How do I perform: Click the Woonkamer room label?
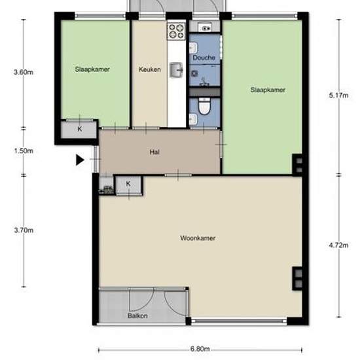[198, 238]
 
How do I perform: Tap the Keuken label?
[150, 69]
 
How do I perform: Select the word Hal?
[154, 152]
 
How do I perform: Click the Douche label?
[204, 58]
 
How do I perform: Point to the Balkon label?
[137, 315]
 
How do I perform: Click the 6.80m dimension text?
[200, 349]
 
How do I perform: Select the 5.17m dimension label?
[338, 95]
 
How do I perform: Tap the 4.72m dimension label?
[338, 245]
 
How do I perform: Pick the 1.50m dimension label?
[24, 151]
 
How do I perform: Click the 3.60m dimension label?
[24, 72]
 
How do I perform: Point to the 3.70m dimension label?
[24, 230]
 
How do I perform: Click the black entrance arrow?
[80, 160]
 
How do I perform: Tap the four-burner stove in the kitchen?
[176, 31]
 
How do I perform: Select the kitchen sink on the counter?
[176, 70]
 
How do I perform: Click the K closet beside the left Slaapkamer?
[79, 130]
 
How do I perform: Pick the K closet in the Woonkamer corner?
[128, 185]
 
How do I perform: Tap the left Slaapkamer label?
[92, 69]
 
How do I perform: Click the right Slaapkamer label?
[268, 90]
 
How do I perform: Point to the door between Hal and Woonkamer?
[178, 175]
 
